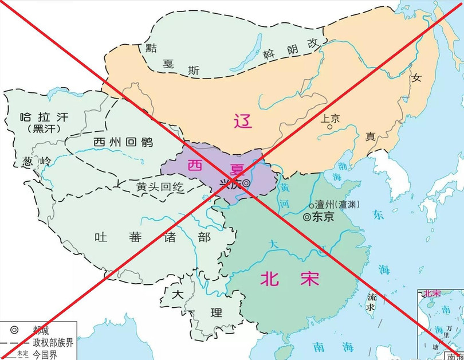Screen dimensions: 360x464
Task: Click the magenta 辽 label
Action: click(x=242, y=120)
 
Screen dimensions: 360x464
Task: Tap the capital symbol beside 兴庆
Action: click(x=246, y=183)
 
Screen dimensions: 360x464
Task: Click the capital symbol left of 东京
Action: click(x=307, y=217)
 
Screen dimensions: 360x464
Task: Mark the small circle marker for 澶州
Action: click(x=311, y=205)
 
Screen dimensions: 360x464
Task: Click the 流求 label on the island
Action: click(x=372, y=303)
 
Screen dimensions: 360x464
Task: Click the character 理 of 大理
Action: click(x=215, y=313)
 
